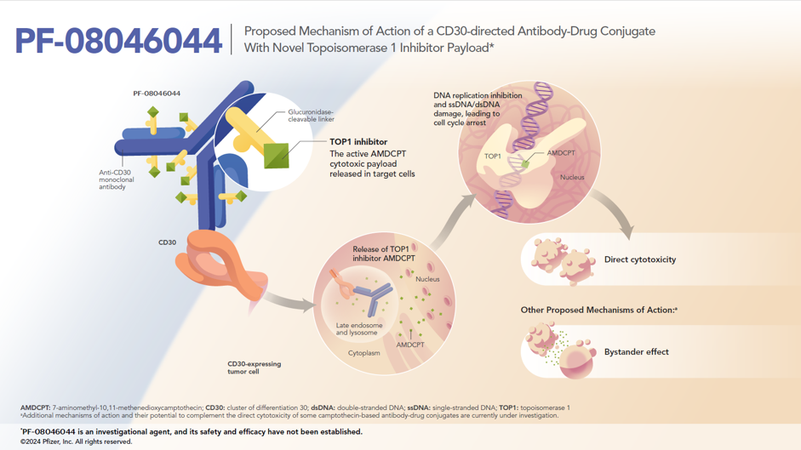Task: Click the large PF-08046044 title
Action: [x=118, y=41]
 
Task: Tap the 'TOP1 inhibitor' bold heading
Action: [x=358, y=142]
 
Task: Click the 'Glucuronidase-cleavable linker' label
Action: [x=311, y=116]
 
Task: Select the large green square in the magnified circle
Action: [x=277, y=156]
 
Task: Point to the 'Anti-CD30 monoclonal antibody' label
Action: [x=117, y=179]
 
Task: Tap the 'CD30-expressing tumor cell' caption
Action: [x=254, y=367]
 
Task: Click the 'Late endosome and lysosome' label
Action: [x=359, y=329]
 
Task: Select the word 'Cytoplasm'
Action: [x=364, y=353]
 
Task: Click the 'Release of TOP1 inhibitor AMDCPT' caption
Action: [x=384, y=253]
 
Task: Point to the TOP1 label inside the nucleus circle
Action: [x=493, y=157]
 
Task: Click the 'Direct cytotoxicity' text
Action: [x=640, y=259]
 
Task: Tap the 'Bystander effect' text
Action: [x=637, y=352]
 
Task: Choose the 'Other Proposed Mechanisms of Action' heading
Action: [x=598, y=310]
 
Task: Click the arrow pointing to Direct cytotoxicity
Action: [x=615, y=209]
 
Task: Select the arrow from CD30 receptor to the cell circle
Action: [x=289, y=302]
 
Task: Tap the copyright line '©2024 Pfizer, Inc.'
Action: [x=76, y=441]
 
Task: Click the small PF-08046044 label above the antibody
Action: [x=157, y=94]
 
